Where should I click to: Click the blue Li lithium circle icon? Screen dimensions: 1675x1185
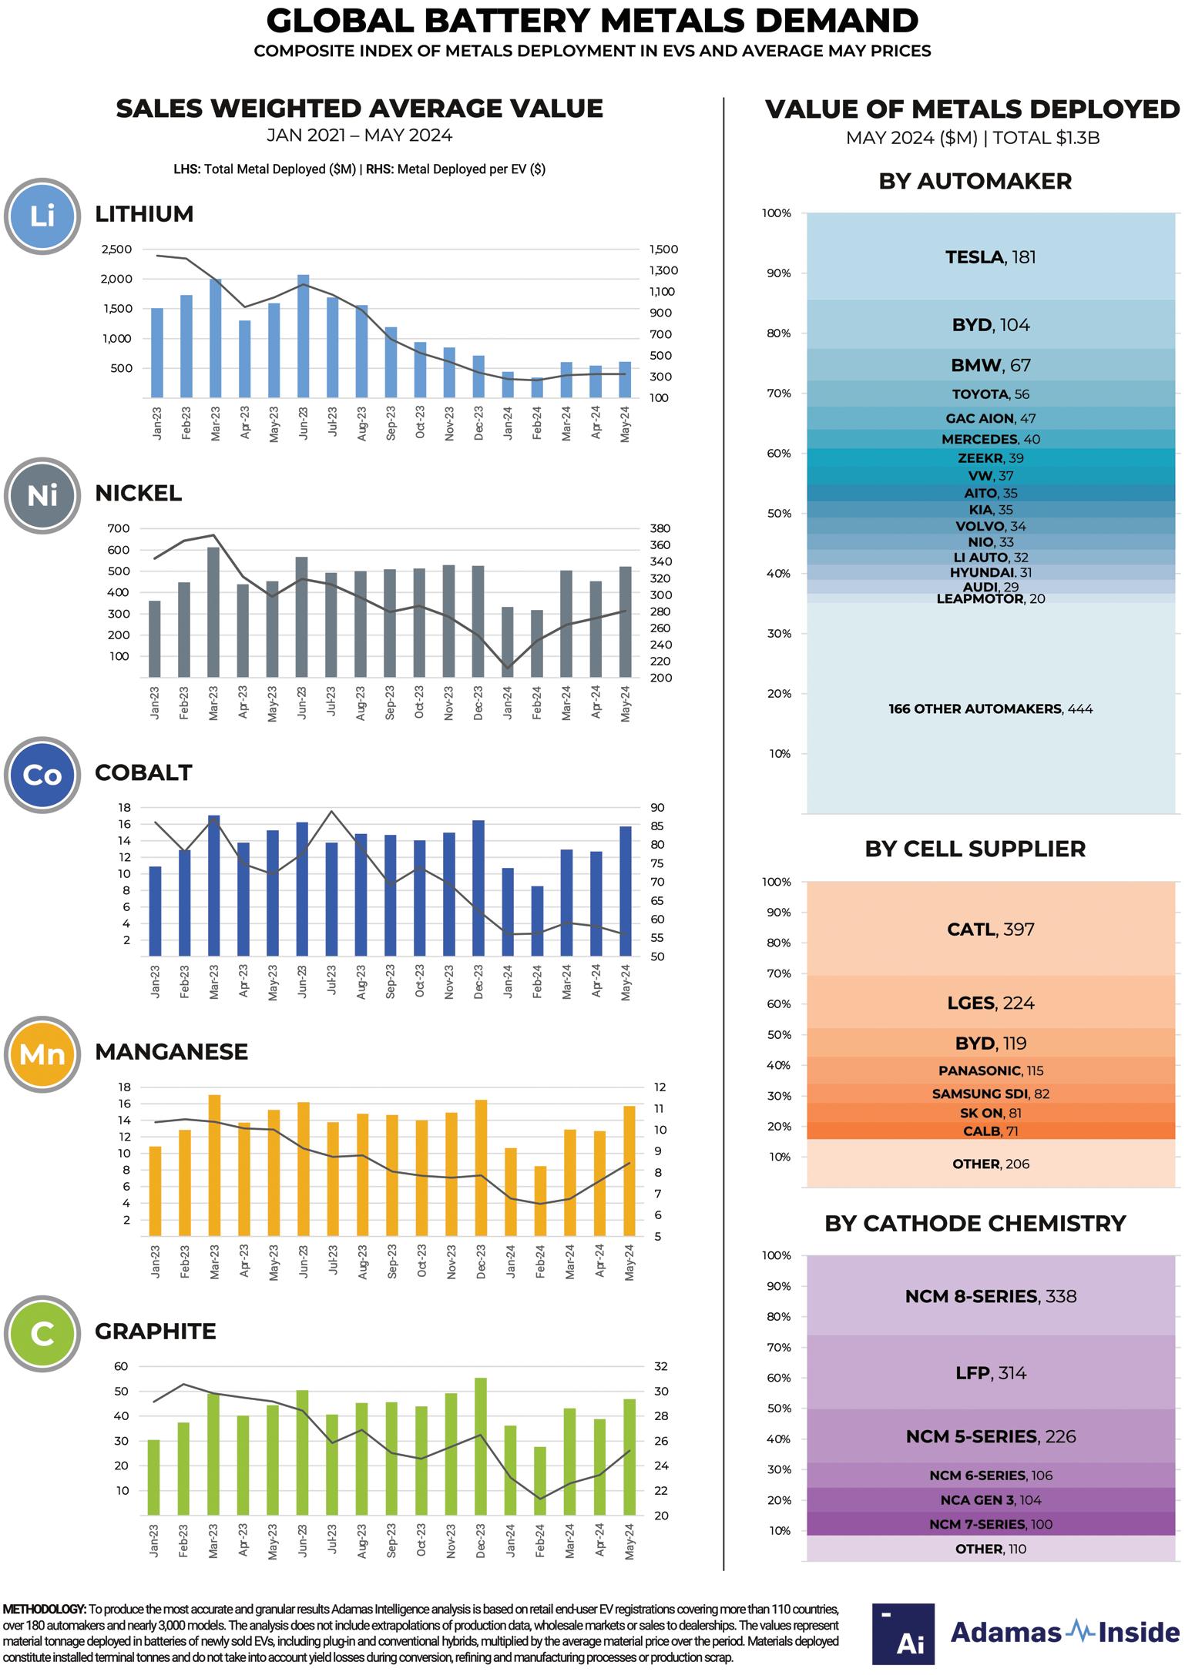point(42,216)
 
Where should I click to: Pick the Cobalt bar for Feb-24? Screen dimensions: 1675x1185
point(537,921)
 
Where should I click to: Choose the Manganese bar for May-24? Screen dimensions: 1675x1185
point(629,1171)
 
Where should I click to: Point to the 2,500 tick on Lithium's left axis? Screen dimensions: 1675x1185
point(116,250)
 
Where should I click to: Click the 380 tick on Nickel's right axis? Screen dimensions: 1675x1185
point(660,529)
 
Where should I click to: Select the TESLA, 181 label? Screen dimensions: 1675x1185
point(990,257)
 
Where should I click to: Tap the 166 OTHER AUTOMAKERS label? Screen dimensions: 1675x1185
point(990,709)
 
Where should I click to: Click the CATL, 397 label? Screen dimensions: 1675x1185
point(990,930)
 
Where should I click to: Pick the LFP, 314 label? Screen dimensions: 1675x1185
point(990,1372)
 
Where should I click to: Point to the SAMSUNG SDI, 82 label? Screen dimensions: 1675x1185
point(990,1094)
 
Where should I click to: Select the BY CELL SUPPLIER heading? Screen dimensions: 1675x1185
point(975,849)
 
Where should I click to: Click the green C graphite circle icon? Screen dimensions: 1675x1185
point(42,1334)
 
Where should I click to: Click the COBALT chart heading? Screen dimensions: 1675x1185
point(143,772)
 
